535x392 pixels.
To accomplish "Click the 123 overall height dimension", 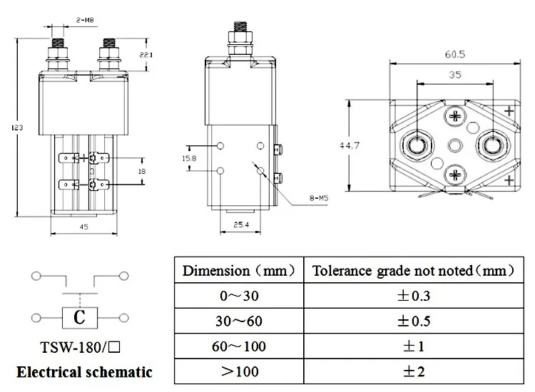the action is (17, 128).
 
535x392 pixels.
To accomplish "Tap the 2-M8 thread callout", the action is (85, 20).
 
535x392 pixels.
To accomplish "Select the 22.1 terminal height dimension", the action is (146, 55).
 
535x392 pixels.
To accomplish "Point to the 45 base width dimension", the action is (84, 227).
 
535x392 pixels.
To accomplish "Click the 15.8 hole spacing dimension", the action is (189, 158).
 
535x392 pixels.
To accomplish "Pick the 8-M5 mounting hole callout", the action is (319, 197).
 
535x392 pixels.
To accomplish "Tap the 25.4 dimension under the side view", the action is (241, 225).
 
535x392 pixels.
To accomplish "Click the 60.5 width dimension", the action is (455, 55).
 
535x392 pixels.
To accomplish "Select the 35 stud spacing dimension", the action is (455, 75).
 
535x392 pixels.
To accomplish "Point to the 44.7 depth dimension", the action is (350, 145).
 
